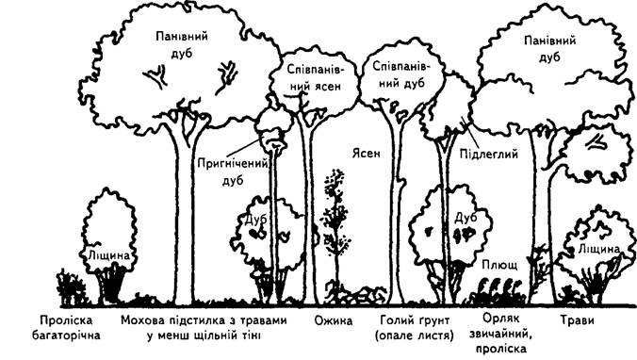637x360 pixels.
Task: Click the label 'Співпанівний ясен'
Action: point(314,77)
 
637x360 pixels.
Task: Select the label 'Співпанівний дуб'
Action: point(400,74)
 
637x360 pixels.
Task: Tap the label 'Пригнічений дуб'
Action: point(233,172)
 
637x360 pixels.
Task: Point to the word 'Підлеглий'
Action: point(489,154)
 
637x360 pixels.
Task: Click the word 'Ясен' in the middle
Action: point(366,154)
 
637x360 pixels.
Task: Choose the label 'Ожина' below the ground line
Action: point(334,320)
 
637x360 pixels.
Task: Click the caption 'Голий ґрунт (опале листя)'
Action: point(414,328)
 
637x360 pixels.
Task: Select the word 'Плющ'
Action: point(499,266)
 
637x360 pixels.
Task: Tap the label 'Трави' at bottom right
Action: point(577,320)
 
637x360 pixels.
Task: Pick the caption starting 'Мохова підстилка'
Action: point(204,328)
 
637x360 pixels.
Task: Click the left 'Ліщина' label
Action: point(108,255)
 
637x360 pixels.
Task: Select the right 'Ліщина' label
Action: point(599,249)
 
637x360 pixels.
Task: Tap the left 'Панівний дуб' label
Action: point(182,44)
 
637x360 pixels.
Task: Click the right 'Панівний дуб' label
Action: point(549,48)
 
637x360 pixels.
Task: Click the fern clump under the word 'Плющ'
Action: point(498,289)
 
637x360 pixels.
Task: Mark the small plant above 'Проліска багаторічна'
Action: point(71,286)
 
